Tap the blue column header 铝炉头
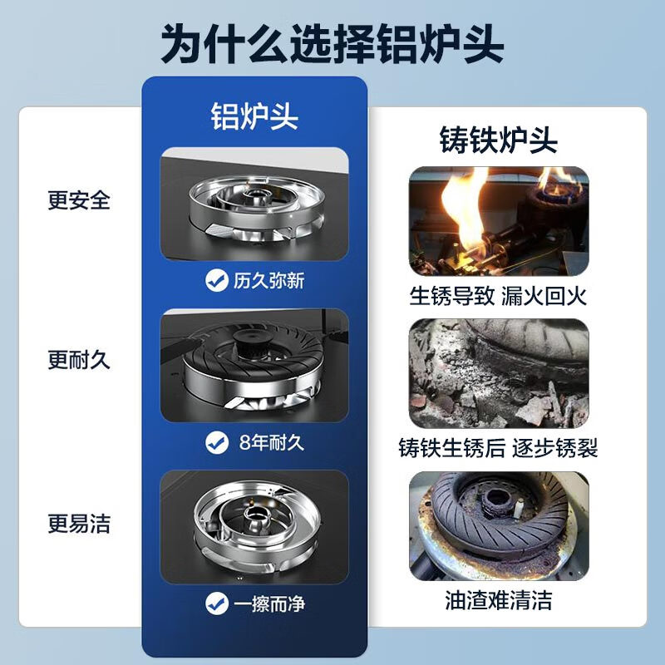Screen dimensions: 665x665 [254, 116]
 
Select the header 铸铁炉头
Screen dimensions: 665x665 [498, 139]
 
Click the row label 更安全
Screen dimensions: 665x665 [79, 200]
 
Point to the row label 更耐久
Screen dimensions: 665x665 [79, 361]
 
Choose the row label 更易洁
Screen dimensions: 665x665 [79, 524]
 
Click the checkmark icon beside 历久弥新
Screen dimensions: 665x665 [216, 281]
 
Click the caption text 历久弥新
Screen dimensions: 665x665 [268, 281]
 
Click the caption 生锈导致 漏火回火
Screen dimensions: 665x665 [498, 296]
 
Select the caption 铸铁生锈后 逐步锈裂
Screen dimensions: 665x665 [498, 450]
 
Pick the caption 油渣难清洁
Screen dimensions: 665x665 [498, 600]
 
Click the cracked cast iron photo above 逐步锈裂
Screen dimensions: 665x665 [498, 373]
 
